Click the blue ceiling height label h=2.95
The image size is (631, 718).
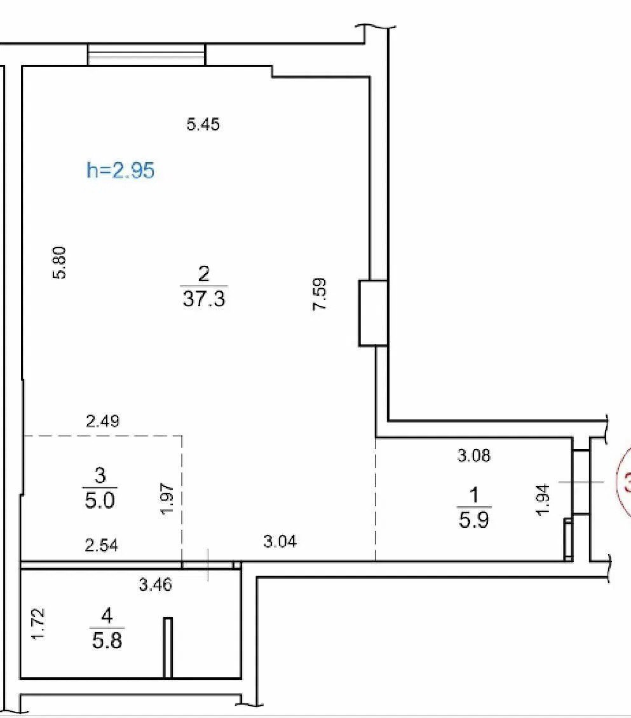pos(120,170)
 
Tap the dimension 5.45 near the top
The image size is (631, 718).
pos(203,124)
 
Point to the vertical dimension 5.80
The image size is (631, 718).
pos(60,263)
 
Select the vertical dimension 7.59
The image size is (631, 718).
pos(320,294)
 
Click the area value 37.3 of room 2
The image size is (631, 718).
pos(204,299)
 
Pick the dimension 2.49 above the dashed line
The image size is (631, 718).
pos(103,421)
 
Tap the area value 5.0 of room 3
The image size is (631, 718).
pos(100,500)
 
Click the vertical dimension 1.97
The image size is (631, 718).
pos(168,498)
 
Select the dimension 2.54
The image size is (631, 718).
pos(102,546)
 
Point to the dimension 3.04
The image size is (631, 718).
pos(280,542)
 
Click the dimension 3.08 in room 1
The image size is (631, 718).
pos(474,455)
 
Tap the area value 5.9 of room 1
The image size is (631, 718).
pos(474,520)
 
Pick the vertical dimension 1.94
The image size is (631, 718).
pos(543,500)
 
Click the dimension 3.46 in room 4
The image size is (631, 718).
pos(156,584)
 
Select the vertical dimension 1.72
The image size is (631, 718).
pos(38,623)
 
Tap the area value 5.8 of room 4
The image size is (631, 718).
pos(107,640)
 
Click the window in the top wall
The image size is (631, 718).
pos(146,55)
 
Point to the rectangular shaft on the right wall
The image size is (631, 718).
pos(374,313)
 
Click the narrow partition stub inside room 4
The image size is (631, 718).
pos(168,647)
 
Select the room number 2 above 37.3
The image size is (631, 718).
pos(203,274)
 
